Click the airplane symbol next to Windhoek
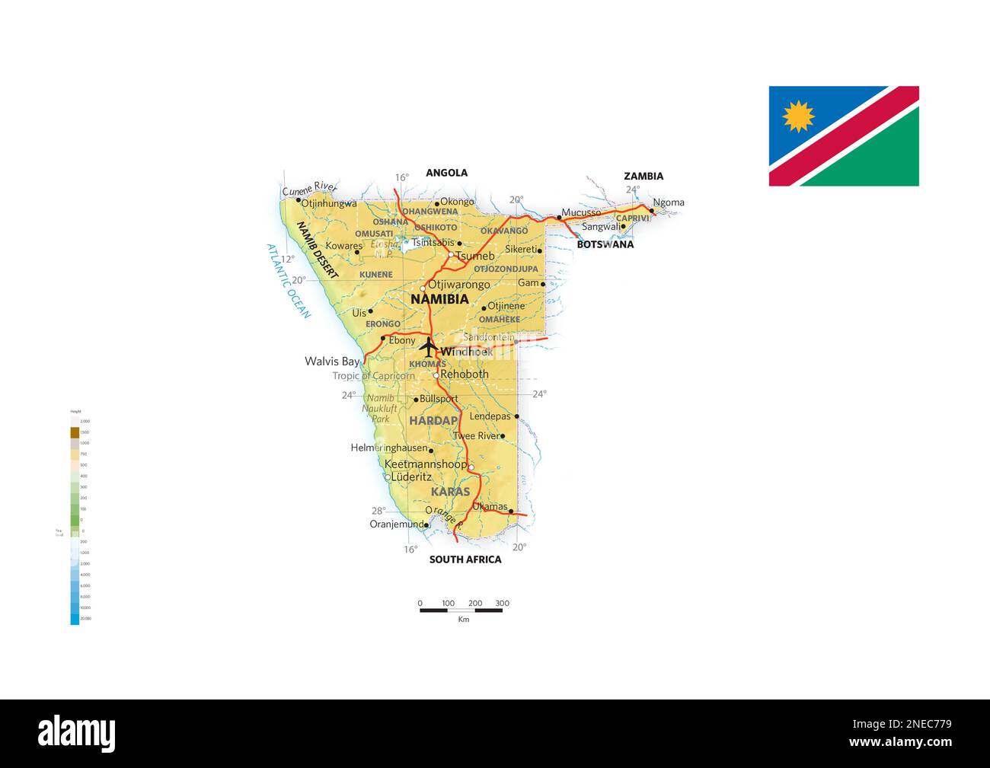click(x=428, y=348)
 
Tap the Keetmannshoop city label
click(x=426, y=464)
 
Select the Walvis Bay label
click(x=332, y=362)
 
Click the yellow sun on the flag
click(x=798, y=116)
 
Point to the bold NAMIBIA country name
click(x=439, y=299)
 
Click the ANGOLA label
click(x=446, y=173)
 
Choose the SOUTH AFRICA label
click(x=465, y=559)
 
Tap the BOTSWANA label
click(x=605, y=245)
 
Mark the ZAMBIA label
click(x=643, y=176)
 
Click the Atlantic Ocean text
click(x=289, y=281)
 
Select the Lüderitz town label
click(x=411, y=477)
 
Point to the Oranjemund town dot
click(x=426, y=524)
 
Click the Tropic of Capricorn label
click(x=373, y=376)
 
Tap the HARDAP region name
click(x=433, y=420)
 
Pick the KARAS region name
click(x=450, y=492)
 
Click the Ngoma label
click(x=669, y=202)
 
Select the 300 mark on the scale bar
click(x=502, y=604)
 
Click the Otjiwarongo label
click(x=459, y=285)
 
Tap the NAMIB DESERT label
click(x=317, y=250)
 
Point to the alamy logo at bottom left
click(x=77, y=734)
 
